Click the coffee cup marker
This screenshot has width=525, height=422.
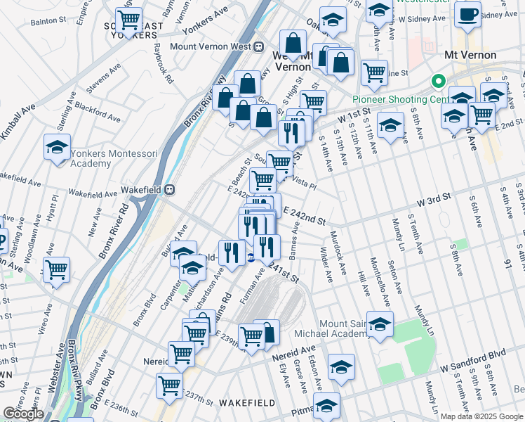coord(467,14)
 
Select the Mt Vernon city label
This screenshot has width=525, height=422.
coord(470,55)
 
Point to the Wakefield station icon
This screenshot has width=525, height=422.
coord(170,189)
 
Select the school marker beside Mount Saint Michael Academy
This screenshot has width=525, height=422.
coord(380,325)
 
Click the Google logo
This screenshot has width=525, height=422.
coord(23,414)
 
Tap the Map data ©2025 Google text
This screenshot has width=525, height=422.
coord(481,416)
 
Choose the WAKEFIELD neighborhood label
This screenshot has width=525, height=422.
coord(246,402)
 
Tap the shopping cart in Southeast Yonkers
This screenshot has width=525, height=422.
coord(128,19)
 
